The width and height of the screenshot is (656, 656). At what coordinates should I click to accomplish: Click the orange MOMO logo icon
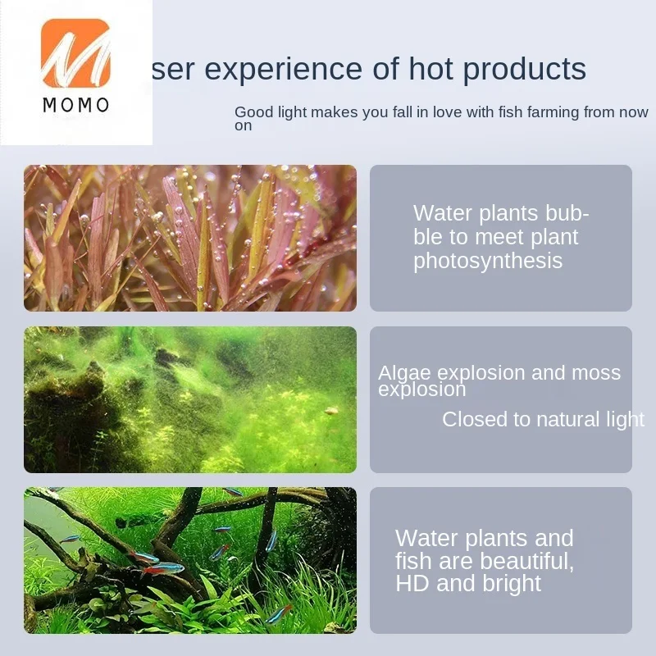75,52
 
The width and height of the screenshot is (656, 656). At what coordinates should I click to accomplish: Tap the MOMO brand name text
76,105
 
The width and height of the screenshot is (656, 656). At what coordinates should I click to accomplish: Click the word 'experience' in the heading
284,69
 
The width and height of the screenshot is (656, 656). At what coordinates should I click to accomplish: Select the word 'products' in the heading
524,69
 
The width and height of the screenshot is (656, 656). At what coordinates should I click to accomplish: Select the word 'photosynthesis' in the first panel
488,261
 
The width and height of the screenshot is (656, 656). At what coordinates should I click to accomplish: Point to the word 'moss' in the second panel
596,373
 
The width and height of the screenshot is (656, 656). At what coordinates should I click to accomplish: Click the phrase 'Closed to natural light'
543,420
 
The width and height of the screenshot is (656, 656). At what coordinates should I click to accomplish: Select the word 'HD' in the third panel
412,584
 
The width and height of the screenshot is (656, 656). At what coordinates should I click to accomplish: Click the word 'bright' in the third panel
512,584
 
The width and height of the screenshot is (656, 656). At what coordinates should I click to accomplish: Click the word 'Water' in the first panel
443,213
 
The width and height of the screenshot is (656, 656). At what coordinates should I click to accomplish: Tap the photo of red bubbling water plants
190,238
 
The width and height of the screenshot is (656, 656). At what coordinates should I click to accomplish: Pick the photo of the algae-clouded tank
190,399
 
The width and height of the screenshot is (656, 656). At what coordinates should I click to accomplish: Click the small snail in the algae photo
331,411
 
